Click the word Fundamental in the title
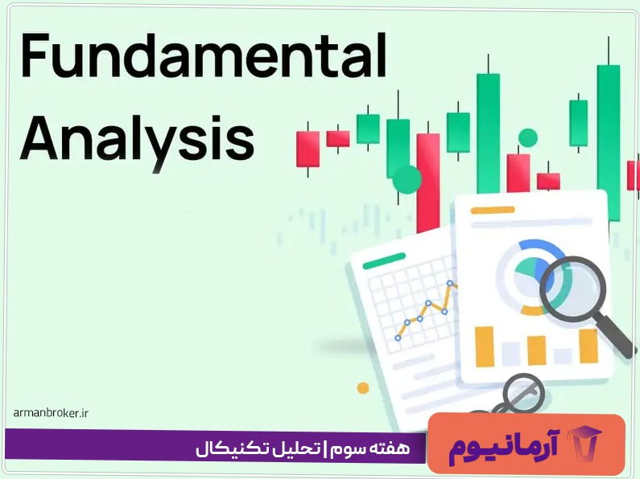pyautogui.click(x=204, y=57)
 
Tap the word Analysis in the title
pyautogui.click(x=137, y=136)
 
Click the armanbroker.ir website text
pyautogui.click(x=50, y=413)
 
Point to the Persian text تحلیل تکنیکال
pyautogui.click(x=258, y=448)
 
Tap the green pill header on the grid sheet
pyautogui.click(x=384, y=262)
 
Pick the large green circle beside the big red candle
pyautogui.click(x=407, y=180)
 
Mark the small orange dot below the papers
pyautogui.click(x=363, y=388)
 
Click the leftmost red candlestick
pyautogui.click(x=308, y=149)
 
